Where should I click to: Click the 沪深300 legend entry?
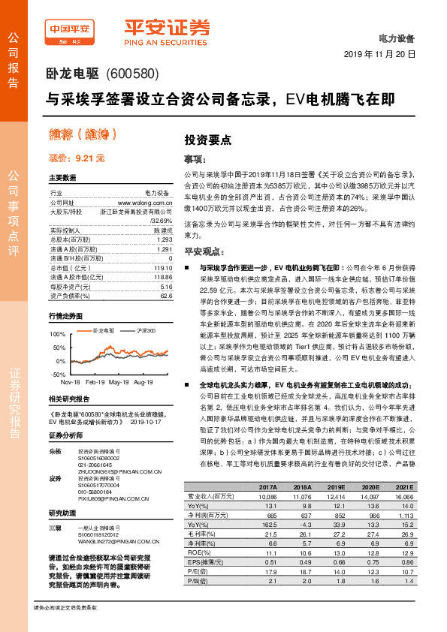pos(145,330)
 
